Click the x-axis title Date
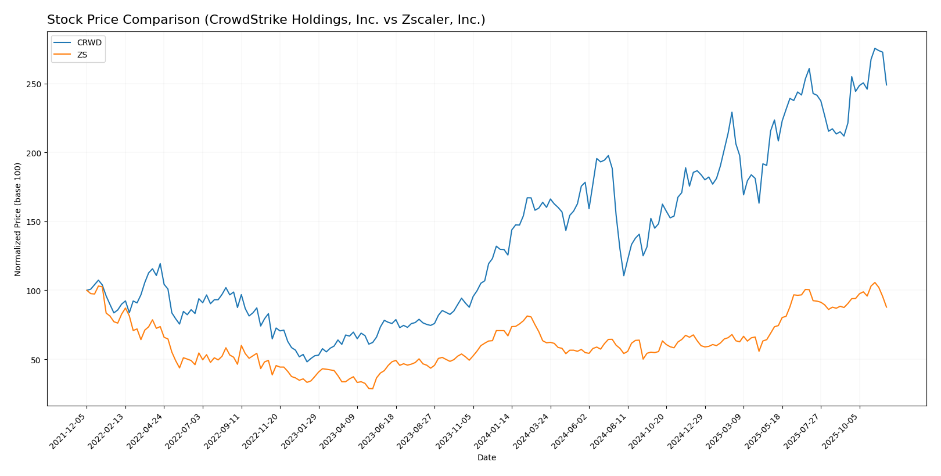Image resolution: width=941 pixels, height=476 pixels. (486, 458)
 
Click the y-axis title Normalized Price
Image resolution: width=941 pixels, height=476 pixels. (18, 219)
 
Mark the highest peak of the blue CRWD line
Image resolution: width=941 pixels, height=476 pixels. (875, 48)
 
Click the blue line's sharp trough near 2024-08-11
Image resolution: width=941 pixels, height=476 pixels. (623, 275)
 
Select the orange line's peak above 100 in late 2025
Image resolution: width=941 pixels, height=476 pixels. (875, 282)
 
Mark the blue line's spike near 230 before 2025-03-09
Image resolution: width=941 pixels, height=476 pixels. (732, 112)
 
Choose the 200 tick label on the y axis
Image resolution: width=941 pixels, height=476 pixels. (35, 153)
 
